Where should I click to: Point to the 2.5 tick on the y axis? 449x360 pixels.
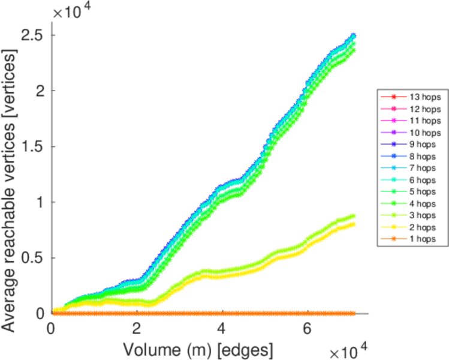pyautogui.click(x=35, y=35)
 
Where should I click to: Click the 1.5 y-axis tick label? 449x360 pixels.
pyautogui.click(x=35, y=146)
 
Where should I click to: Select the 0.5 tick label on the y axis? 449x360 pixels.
pyautogui.click(x=35, y=258)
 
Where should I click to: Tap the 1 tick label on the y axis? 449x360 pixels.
pyautogui.click(x=40, y=202)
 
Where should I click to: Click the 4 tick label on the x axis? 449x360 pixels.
pyautogui.click(x=222, y=329)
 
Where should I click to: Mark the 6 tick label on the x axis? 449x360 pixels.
pyautogui.click(x=308, y=329)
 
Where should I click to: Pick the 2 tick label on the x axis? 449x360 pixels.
pyautogui.click(x=137, y=329)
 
